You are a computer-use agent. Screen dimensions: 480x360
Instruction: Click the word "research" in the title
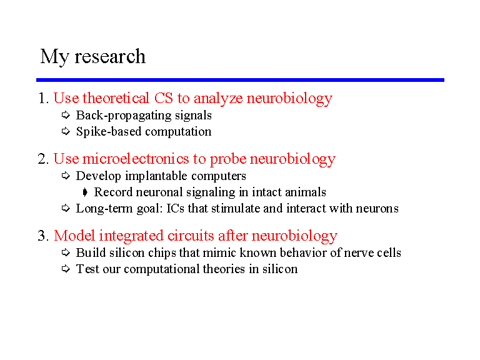pos(110,57)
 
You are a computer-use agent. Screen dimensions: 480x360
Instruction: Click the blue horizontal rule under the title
pos(240,80)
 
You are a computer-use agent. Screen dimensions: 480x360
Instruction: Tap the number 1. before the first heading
pos(44,98)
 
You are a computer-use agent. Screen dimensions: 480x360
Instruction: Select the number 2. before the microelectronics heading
pos(44,159)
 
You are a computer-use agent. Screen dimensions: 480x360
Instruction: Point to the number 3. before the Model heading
pos(44,236)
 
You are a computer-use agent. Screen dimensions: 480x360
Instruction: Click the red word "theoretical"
pos(116,98)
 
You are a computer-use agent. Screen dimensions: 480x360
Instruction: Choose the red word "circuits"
pos(191,236)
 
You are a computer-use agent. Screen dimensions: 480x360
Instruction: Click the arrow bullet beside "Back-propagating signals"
pos(66,115)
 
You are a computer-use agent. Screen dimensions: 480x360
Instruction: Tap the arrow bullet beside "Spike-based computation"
pos(66,131)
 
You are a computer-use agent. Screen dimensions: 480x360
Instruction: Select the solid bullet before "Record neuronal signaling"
pos(85,192)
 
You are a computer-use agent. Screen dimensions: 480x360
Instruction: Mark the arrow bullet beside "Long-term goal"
pos(66,208)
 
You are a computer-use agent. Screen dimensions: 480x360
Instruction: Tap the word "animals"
pos(306,192)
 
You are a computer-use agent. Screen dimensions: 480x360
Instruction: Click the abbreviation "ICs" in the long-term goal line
pos(176,209)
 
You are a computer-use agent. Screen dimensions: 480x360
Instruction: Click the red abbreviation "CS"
pos(164,98)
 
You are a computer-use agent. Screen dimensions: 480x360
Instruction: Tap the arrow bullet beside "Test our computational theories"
pos(66,269)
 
